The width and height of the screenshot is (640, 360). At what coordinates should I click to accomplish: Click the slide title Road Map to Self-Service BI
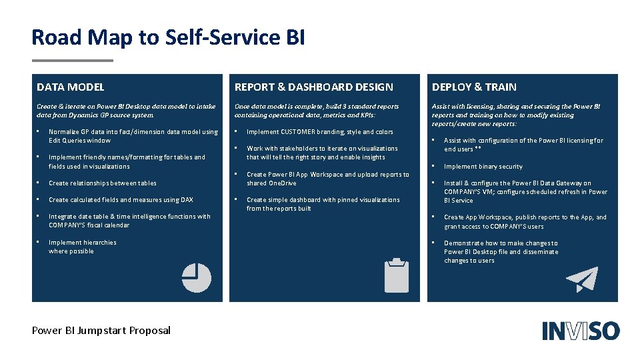(x=168, y=37)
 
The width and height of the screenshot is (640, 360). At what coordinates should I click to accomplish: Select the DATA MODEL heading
(x=71, y=87)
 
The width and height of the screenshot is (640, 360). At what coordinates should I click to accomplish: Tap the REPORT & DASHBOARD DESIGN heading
(x=314, y=87)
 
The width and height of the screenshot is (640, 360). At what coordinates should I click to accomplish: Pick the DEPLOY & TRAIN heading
(x=474, y=87)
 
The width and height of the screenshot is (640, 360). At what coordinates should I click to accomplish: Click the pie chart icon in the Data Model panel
(x=196, y=278)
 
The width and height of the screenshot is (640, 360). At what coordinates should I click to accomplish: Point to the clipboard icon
(x=397, y=275)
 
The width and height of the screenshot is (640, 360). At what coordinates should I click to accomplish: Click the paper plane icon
(x=581, y=280)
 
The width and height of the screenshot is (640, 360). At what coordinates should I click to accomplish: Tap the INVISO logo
(x=581, y=331)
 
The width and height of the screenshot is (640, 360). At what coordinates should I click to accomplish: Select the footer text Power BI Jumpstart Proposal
(x=101, y=330)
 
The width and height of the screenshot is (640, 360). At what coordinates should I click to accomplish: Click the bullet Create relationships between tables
(x=103, y=183)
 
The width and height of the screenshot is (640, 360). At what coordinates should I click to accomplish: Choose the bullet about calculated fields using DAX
(x=121, y=200)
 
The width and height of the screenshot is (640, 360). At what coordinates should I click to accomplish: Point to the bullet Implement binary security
(x=483, y=167)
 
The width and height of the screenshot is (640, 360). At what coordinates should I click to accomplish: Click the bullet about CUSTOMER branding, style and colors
(x=320, y=132)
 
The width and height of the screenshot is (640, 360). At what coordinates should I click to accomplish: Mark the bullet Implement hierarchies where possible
(x=82, y=247)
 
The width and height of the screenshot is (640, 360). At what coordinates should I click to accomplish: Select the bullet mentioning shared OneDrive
(x=327, y=179)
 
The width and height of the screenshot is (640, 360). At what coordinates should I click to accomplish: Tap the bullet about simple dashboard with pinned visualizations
(x=323, y=204)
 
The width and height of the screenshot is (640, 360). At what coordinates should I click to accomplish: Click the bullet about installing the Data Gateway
(x=525, y=191)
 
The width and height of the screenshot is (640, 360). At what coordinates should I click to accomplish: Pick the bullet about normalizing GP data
(x=133, y=136)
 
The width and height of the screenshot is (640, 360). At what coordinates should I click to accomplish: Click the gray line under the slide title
(x=73, y=61)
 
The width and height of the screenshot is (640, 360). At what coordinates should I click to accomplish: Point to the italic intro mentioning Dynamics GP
(x=126, y=111)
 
